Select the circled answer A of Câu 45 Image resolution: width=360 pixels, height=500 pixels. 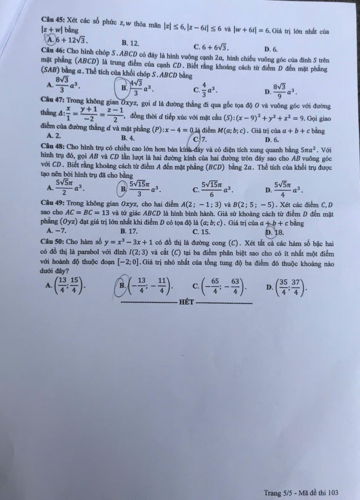click(x=67, y=40)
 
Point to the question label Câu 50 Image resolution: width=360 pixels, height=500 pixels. click(x=52, y=243)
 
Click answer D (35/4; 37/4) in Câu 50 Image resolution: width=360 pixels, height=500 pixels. click(x=287, y=286)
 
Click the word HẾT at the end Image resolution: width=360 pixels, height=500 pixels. click(x=186, y=302)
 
